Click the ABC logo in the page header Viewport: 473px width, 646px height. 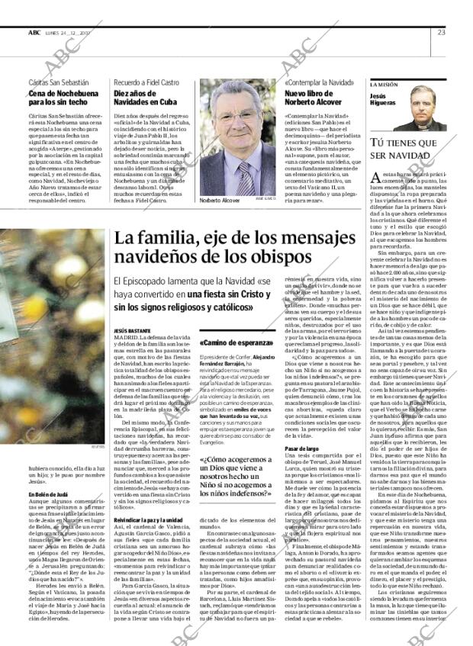[x=34, y=32]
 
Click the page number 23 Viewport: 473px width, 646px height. [x=442, y=32]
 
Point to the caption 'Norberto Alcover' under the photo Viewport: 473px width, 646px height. [x=219, y=200]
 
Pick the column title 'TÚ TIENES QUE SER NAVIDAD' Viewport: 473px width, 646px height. [x=404, y=149]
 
